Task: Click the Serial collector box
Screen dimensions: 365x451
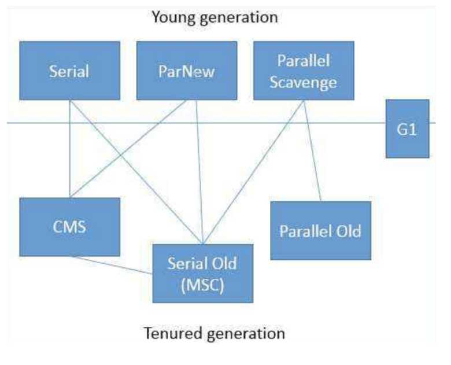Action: tap(69, 71)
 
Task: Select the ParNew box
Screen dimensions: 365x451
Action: tap(186, 71)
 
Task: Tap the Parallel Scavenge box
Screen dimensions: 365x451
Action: tap(303, 71)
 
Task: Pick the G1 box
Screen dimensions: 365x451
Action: tap(408, 128)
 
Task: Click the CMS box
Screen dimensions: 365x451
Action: tap(69, 227)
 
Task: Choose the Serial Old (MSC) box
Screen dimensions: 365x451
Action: tap(202, 273)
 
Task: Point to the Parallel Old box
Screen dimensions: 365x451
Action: tap(320, 231)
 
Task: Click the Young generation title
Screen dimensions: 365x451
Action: tap(214, 17)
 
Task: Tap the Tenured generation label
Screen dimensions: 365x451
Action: tap(214, 334)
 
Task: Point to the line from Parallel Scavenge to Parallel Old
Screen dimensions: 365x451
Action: tap(312, 150)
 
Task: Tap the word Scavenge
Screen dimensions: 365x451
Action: tap(303, 82)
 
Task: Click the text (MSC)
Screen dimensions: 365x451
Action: tap(202, 284)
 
